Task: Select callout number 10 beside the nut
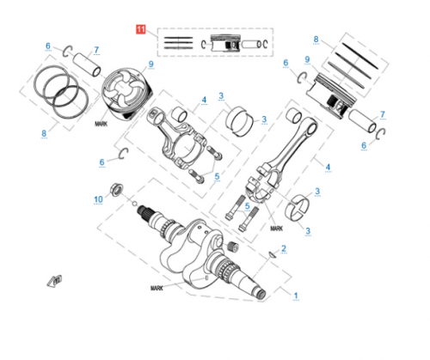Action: point(98,199)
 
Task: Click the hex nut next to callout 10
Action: point(115,188)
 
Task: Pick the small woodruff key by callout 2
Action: point(272,255)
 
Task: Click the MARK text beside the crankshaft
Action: point(156,288)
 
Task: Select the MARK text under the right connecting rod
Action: point(275,229)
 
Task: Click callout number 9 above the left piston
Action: point(150,64)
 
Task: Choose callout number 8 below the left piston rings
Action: point(43,133)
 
